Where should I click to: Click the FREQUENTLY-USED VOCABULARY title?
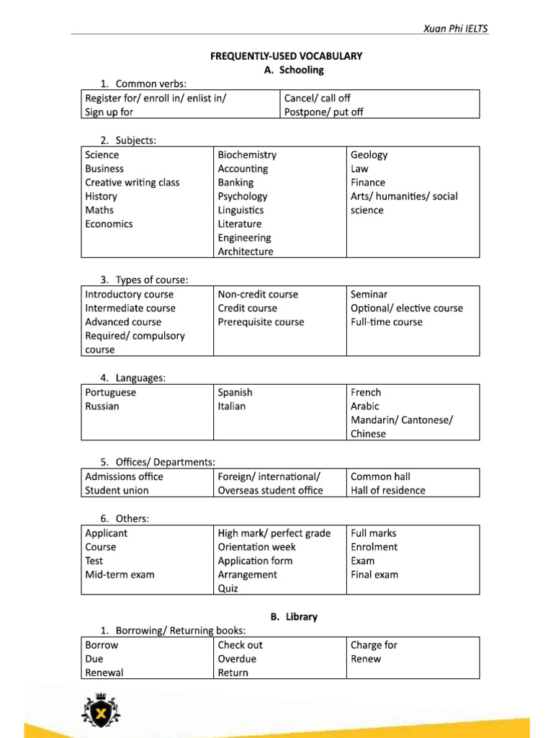coord(287,55)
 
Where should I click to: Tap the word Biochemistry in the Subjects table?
coord(247,155)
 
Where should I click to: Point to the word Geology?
coord(369,155)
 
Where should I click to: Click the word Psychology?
coord(243,196)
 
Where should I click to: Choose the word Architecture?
coord(246,252)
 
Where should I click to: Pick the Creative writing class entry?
coord(132,182)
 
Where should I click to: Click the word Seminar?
coord(369,294)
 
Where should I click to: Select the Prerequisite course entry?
coord(261,322)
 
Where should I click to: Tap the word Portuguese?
coord(110,393)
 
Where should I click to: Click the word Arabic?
coord(364,406)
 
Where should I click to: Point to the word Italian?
coord(231,406)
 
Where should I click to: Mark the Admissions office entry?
coord(124,476)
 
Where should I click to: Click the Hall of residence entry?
coord(387,491)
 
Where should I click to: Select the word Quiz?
coord(228,588)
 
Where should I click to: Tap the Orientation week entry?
coord(256,547)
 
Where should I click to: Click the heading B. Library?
coord(294,617)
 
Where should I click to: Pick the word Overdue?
coord(237,659)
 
